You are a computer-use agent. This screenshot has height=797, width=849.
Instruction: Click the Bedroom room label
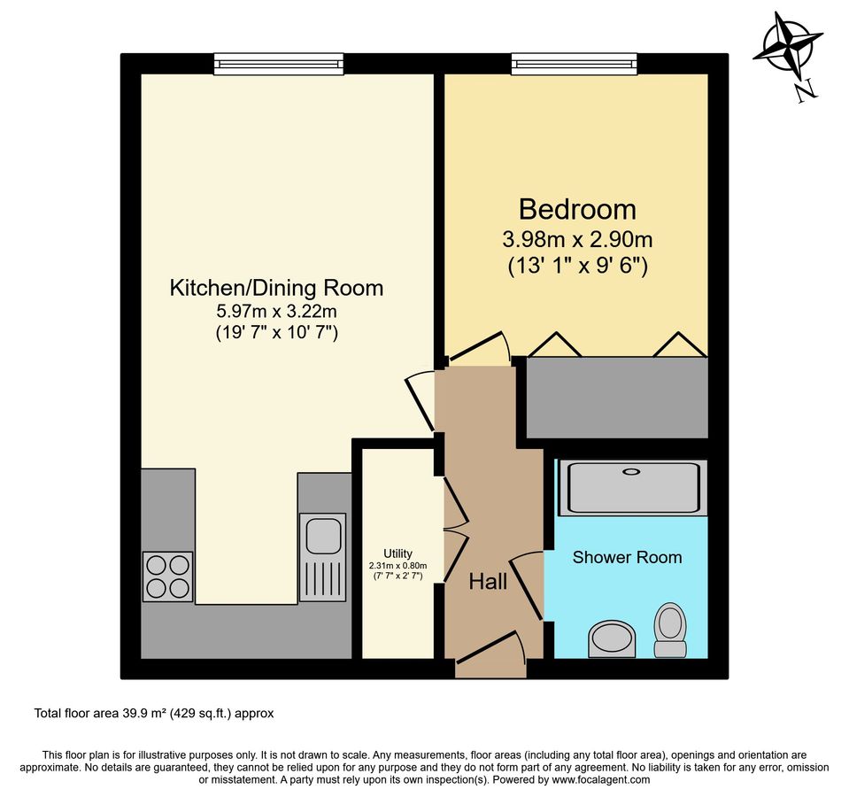(577, 210)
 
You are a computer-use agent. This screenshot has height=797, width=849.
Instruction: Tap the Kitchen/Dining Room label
(277, 288)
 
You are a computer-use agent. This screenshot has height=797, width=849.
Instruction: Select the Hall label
(488, 582)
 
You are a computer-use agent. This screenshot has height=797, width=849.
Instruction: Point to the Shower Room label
(627, 557)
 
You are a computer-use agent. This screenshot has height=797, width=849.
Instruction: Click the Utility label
(398, 553)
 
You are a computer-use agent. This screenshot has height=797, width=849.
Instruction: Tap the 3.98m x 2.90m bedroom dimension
(577, 239)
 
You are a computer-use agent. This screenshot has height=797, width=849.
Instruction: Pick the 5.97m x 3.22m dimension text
(277, 312)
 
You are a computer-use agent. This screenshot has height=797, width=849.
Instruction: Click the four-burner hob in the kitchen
(168, 576)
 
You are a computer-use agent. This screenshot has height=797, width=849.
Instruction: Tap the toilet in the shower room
(670, 630)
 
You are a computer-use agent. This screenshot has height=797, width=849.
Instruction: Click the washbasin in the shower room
(612, 638)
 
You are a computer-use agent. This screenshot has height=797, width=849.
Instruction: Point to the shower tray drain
(631, 472)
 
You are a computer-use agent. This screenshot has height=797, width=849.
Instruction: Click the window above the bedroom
(574, 64)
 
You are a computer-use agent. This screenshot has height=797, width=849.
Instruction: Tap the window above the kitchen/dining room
(279, 64)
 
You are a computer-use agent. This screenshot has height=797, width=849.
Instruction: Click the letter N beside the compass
(807, 89)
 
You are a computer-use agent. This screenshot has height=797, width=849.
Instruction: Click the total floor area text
(154, 714)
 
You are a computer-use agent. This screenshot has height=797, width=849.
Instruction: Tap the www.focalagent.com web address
(600, 780)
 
